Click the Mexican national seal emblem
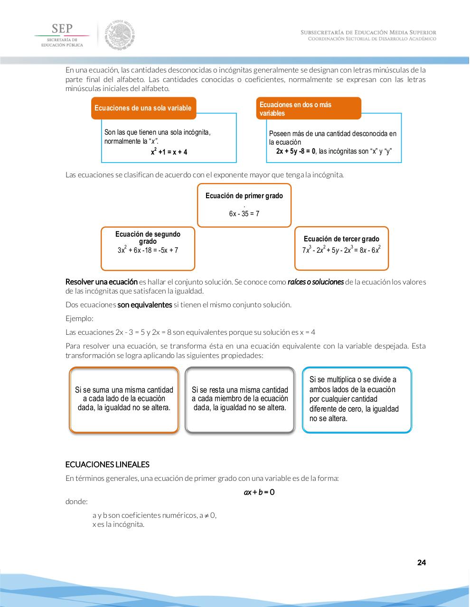[120, 35]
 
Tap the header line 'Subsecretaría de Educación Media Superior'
[368, 32]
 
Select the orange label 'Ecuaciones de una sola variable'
[143, 108]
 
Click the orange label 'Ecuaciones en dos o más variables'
[309, 109]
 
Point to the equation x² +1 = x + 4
[169, 152]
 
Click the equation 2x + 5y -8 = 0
[296, 151]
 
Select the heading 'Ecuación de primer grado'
[244, 196]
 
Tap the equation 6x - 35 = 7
[244, 214]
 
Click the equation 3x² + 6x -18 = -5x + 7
[148, 250]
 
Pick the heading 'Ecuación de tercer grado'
[341, 239]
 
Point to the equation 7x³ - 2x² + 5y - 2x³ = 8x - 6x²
[341, 250]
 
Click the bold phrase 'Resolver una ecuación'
[101, 282]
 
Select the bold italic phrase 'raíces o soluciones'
[315, 282]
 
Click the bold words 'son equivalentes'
[144, 305]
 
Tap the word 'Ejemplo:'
[79, 319]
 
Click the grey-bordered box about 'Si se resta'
[240, 400]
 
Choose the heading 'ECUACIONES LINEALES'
[107, 465]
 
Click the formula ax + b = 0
[259, 492]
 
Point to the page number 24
[421, 563]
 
